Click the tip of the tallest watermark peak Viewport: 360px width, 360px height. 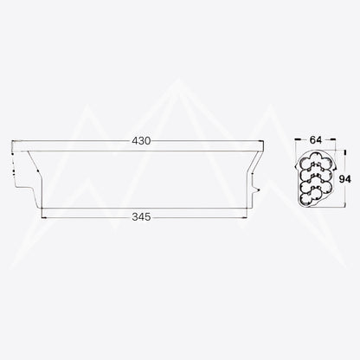pos(179,80)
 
